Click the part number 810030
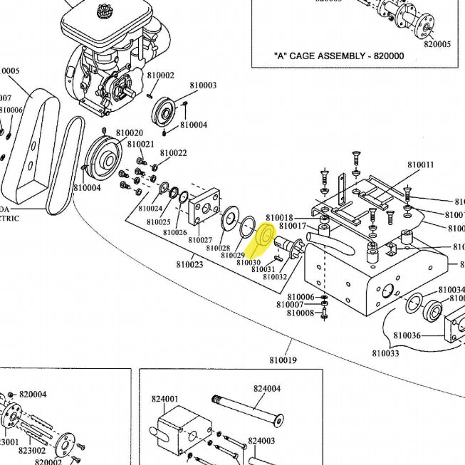tap(249, 262)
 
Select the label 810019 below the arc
tap(283, 361)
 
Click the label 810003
tap(203, 85)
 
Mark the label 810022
tap(173, 153)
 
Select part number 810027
tap(200, 240)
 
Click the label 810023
tap(189, 265)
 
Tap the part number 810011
tap(420, 164)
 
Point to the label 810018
tap(279, 217)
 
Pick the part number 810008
tap(300, 313)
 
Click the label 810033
tap(386, 352)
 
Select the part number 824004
tap(267, 389)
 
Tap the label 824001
tap(164, 399)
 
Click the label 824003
tap(261, 442)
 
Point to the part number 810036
tap(407, 335)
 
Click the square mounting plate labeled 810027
tap(206, 207)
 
